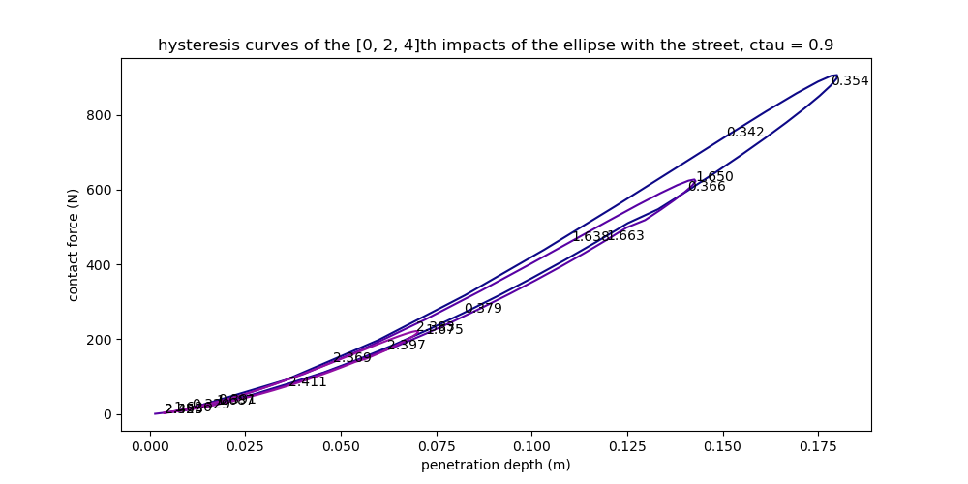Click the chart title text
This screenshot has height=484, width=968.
click(x=496, y=45)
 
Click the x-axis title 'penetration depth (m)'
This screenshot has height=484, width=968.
click(x=496, y=465)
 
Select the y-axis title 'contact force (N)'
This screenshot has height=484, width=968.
click(x=74, y=245)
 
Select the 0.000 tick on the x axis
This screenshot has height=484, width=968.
click(x=149, y=446)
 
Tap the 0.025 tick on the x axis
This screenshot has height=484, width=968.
click(x=245, y=446)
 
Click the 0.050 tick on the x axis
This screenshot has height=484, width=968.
click(x=341, y=446)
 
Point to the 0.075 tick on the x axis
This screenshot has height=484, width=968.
click(x=437, y=446)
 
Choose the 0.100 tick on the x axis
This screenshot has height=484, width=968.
click(x=531, y=446)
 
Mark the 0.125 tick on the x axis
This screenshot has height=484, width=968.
click(x=627, y=446)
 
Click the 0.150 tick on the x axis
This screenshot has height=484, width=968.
click(x=723, y=446)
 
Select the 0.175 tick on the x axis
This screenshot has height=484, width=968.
click(x=819, y=446)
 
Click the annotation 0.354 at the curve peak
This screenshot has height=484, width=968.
click(x=850, y=81)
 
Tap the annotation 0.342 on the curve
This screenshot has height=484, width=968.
click(x=745, y=133)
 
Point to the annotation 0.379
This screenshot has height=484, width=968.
click(x=483, y=309)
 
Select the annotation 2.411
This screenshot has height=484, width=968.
click(x=308, y=382)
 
